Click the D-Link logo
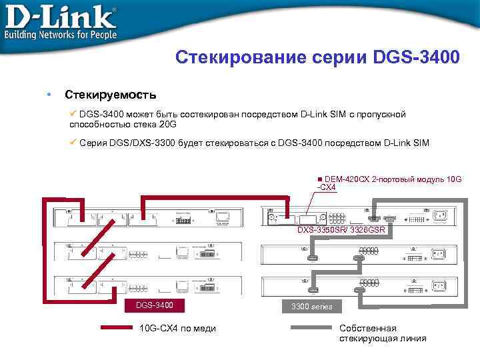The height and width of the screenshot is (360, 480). click(x=60, y=15)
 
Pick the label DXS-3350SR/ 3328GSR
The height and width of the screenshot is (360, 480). click(x=341, y=230)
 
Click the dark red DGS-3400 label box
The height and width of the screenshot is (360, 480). click(x=154, y=305)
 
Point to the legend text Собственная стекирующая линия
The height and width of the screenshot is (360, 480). click(x=382, y=333)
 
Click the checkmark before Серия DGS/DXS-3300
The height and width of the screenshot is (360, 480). click(x=73, y=143)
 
